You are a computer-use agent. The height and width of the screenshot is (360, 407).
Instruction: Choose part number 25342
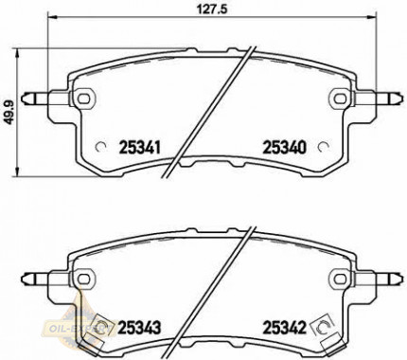click(281, 327)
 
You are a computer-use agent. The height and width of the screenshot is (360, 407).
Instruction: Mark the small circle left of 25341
click(103, 147)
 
